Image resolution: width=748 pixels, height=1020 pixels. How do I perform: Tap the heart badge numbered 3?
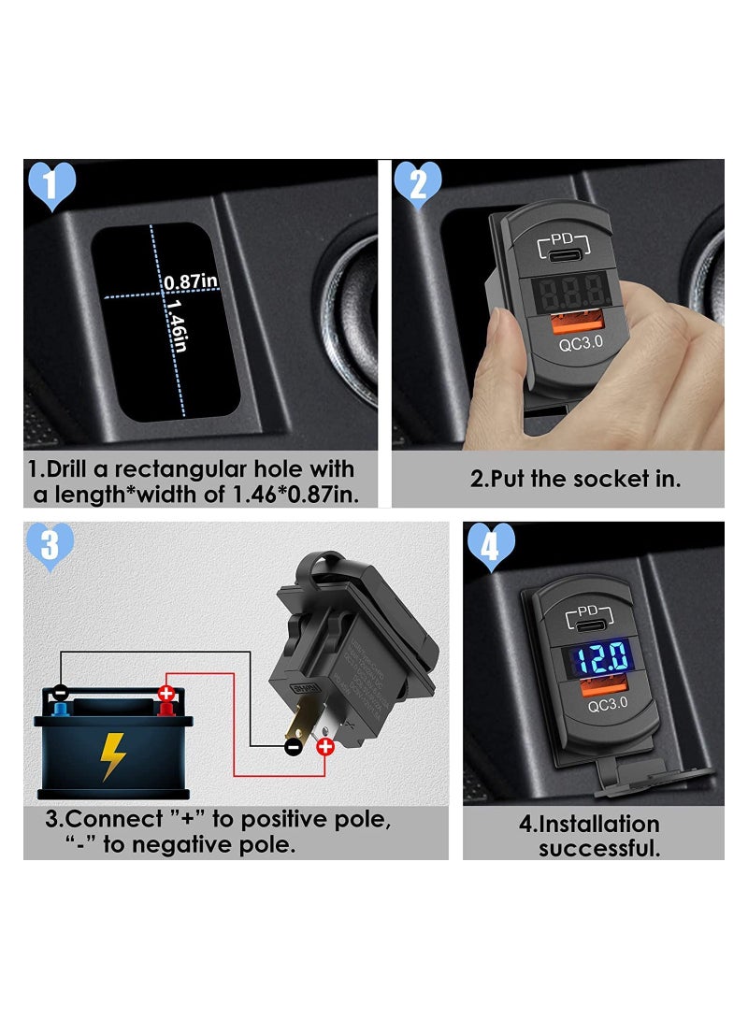(51, 546)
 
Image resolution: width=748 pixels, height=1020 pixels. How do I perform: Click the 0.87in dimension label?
(190, 281)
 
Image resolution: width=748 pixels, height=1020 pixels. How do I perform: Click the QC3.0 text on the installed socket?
(582, 707)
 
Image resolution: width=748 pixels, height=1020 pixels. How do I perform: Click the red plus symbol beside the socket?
(325, 746)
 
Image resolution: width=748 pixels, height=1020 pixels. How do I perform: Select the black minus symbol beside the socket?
(294, 746)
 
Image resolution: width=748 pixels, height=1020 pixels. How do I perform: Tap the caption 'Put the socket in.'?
(575, 480)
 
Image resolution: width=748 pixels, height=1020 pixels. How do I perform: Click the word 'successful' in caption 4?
(598, 848)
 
